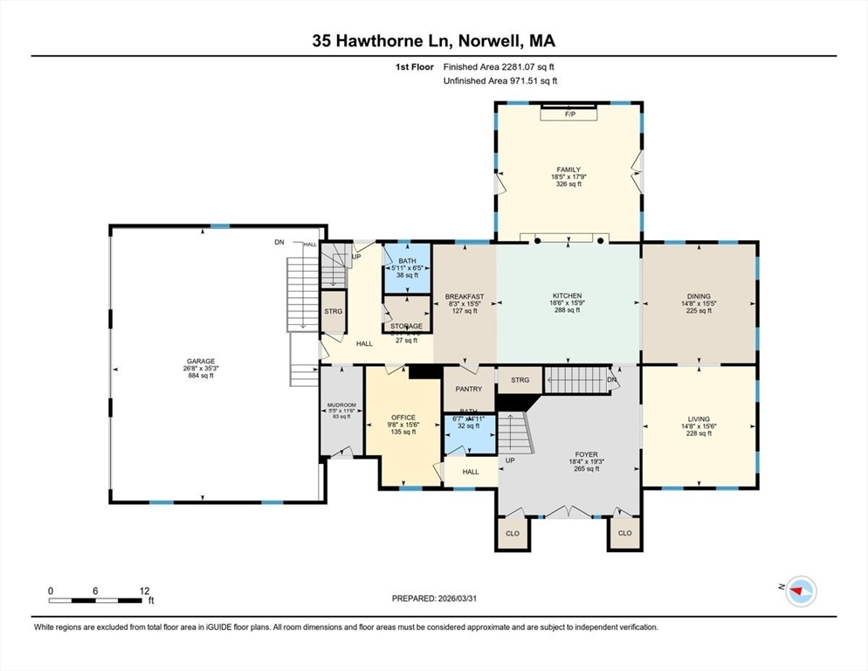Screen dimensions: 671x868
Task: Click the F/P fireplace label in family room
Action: [x=569, y=114]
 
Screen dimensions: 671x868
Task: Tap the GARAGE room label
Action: [x=199, y=361]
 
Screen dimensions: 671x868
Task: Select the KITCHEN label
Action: [x=567, y=296]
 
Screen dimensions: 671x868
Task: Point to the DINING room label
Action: [x=699, y=296]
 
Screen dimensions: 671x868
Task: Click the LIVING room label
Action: [x=699, y=419]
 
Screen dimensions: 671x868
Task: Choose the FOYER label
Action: [x=586, y=455]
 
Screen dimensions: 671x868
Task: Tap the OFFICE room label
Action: [x=403, y=418]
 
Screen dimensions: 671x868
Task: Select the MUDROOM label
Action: [x=341, y=405]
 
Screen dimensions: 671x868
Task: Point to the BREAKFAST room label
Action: [x=465, y=297]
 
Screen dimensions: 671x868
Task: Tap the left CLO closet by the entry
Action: [x=513, y=533]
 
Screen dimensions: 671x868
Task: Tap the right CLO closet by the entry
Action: [x=624, y=533]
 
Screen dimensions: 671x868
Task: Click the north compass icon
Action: [x=799, y=591]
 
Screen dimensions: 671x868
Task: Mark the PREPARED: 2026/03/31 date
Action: [x=434, y=598]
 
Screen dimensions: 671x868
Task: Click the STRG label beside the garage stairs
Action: [x=333, y=311]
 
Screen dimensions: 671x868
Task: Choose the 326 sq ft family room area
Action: [x=568, y=184]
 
